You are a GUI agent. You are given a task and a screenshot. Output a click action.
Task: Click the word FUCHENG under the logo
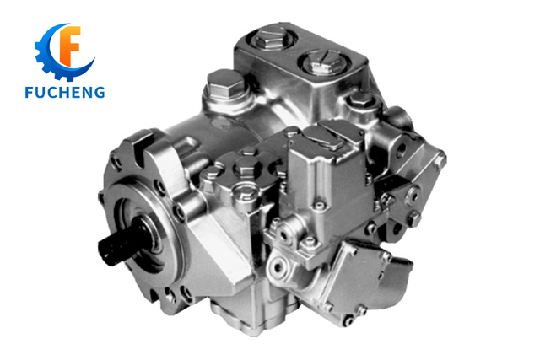click(65, 92)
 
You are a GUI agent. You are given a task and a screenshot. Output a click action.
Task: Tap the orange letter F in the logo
click(70, 46)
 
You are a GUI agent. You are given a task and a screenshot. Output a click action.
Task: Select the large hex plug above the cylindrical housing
click(225, 84)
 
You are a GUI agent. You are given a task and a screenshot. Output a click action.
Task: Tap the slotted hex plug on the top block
click(324, 62)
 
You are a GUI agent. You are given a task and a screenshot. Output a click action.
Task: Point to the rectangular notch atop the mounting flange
click(142, 148)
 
